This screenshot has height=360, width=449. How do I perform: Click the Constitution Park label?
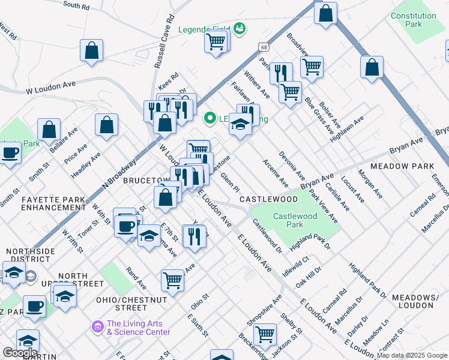(x=414, y=20)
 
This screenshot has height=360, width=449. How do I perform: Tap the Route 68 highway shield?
(x=264, y=46)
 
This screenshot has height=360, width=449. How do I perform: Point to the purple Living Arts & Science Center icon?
(x=97, y=327)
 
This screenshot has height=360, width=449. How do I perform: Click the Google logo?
(x=20, y=353)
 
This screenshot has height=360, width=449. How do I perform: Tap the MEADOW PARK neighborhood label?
(x=402, y=166)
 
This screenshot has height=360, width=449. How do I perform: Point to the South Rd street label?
(x=76, y=5)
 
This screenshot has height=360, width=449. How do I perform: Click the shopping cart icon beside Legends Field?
(x=216, y=41)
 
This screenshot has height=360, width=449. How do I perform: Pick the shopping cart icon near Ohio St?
(x=172, y=280)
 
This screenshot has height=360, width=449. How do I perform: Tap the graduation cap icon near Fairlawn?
(x=240, y=124)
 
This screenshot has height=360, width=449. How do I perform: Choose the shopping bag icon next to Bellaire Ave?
(x=49, y=128)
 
